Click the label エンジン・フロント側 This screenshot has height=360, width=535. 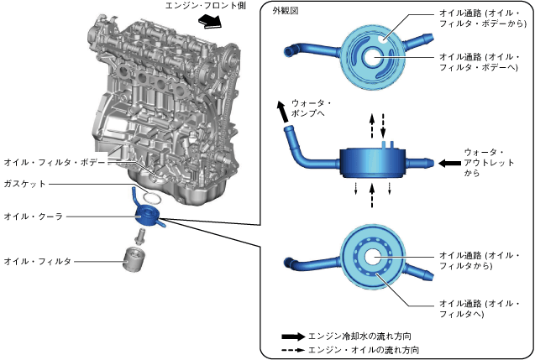tap(207, 6)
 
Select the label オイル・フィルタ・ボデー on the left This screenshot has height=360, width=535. tap(54, 163)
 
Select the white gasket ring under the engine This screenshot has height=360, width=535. tap(151, 199)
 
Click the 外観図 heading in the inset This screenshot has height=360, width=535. tap(286, 11)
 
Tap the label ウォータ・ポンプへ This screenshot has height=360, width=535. tap(310, 108)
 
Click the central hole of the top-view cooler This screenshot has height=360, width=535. tap(371, 57)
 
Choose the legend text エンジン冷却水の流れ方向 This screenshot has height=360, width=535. tap(359, 334)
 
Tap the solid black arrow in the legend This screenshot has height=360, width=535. tap(294, 334)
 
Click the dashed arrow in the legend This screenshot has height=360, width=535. tap(294, 349)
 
